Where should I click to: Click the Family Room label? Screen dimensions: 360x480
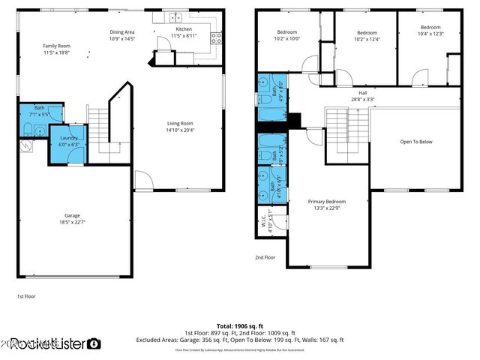coord(55,46)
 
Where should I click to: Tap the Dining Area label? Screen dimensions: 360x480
coord(121,32)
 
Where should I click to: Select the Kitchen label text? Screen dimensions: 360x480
coord(184,29)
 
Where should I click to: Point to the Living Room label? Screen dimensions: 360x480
coord(180,124)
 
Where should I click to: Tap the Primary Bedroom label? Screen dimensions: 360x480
coord(327,202)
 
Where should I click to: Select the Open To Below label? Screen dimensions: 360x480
coord(415,142)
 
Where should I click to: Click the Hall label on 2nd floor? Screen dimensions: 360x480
coord(362,93)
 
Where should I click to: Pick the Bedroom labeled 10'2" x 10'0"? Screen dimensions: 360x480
coord(287,32)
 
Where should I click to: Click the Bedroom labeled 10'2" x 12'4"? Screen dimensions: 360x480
coord(366,33)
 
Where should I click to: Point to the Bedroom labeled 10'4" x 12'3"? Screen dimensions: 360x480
coord(430,30)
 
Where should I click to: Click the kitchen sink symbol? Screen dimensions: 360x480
coord(175,17)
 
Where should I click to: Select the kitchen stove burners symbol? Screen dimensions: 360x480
coord(216,38)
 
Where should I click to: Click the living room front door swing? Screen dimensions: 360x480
coord(142,180)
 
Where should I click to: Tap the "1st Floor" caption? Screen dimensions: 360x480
coord(26,296)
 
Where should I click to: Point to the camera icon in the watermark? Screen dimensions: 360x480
coord(94,343)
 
